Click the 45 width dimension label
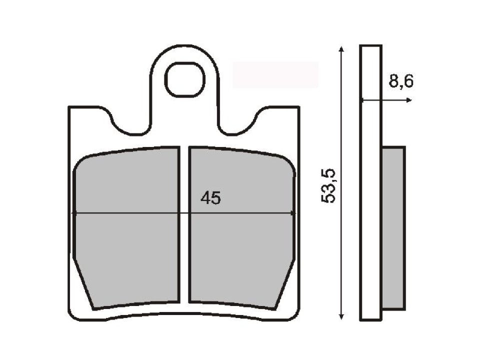[x=210, y=198]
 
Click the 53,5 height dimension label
[x=329, y=185]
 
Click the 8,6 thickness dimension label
[x=401, y=82]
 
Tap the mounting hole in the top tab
[x=186, y=80]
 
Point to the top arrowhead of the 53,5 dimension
[x=341, y=49]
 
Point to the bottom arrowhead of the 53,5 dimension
[x=341, y=316]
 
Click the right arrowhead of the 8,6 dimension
[x=409, y=100]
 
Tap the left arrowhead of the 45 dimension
[x=75, y=213]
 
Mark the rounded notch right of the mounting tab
[x=239, y=125]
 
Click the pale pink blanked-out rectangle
[x=275, y=75]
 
